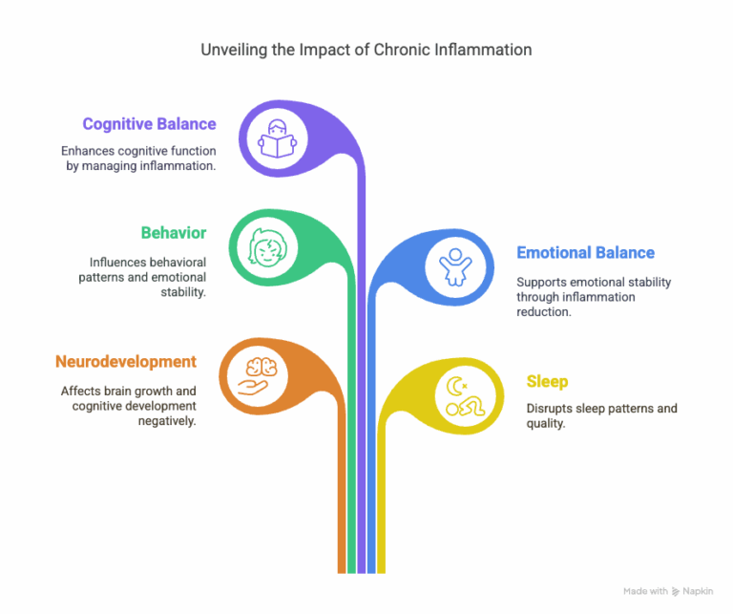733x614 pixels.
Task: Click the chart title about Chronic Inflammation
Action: pyautogui.click(x=366, y=50)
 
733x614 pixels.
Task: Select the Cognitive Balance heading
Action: pyautogui.click(x=149, y=124)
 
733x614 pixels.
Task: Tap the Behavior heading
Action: pyautogui.click(x=174, y=233)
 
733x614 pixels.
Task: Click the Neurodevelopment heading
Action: pyautogui.click(x=126, y=362)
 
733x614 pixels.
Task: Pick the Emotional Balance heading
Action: pyautogui.click(x=585, y=253)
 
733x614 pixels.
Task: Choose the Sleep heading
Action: pyautogui.click(x=547, y=382)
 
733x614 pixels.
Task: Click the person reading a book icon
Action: pyautogui.click(x=277, y=138)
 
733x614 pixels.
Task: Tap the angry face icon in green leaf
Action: pyautogui.click(x=267, y=247)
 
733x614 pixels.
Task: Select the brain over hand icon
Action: pyautogui.click(x=258, y=376)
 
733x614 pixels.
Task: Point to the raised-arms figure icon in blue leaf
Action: pyautogui.click(x=455, y=267)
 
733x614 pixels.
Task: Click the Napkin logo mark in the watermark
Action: pyautogui.click(x=676, y=591)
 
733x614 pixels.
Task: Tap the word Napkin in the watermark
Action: pyautogui.click(x=698, y=591)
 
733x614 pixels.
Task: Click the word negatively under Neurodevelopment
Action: pyautogui.click(x=167, y=421)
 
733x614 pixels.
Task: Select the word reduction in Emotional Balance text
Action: pyautogui.click(x=544, y=312)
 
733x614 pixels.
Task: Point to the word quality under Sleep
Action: pyautogui.click(x=546, y=424)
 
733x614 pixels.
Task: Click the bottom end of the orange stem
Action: pyautogui.click(x=342, y=573)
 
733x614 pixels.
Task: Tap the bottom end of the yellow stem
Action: pyautogui.click(x=382, y=573)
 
